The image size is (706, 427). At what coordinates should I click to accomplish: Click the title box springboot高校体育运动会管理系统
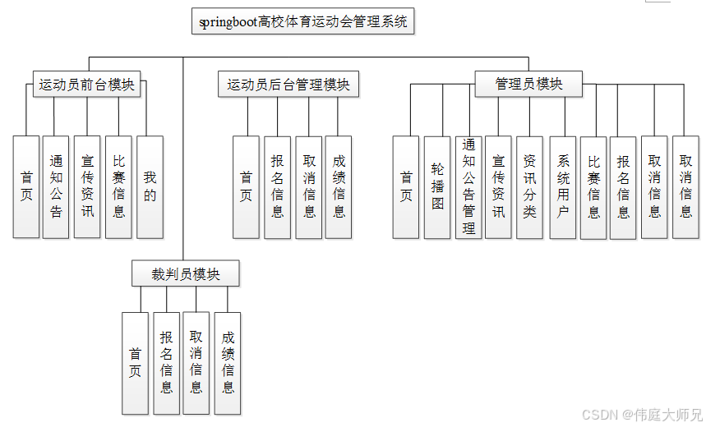point(303,22)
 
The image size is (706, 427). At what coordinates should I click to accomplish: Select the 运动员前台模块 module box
point(86,84)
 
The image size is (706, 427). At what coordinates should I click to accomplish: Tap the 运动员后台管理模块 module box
point(288,84)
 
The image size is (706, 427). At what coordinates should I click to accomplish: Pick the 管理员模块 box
point(529,84)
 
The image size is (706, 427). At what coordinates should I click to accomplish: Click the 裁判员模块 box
point(186,273)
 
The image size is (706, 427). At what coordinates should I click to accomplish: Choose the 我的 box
point(150,186)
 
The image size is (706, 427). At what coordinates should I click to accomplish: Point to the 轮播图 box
point(437,186)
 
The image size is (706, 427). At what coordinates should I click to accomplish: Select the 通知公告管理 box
point(468,186)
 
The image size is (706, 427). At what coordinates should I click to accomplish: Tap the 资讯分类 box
point(529,186)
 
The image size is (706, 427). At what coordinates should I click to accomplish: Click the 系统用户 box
point(563,186)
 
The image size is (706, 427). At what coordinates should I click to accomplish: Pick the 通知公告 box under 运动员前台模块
point(56,186)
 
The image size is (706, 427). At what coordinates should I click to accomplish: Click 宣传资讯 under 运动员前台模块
point(87,186)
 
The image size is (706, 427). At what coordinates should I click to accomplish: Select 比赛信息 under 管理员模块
point(593,186)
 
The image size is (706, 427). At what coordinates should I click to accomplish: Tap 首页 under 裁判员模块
point(136,363)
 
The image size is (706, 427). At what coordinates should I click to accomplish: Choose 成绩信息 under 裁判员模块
point(228,363)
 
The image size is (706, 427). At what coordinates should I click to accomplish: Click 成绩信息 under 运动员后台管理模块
point(339,186)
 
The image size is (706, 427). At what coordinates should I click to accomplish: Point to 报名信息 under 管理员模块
point(624,186)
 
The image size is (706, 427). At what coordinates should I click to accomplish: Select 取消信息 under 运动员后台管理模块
point(309,186)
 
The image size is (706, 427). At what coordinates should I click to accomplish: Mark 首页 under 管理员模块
point(406,186)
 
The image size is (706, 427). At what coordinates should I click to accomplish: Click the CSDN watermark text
point(641,415)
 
